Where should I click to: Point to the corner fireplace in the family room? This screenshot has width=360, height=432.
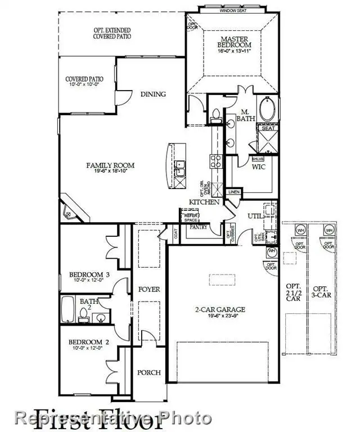coord(72,211)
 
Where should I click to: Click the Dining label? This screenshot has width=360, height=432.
coord(153,94)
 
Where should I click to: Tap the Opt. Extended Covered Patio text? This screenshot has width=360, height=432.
coord(112,33)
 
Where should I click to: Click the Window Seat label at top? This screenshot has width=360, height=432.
coord(236,10)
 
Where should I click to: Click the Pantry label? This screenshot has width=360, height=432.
coord(197,227)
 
